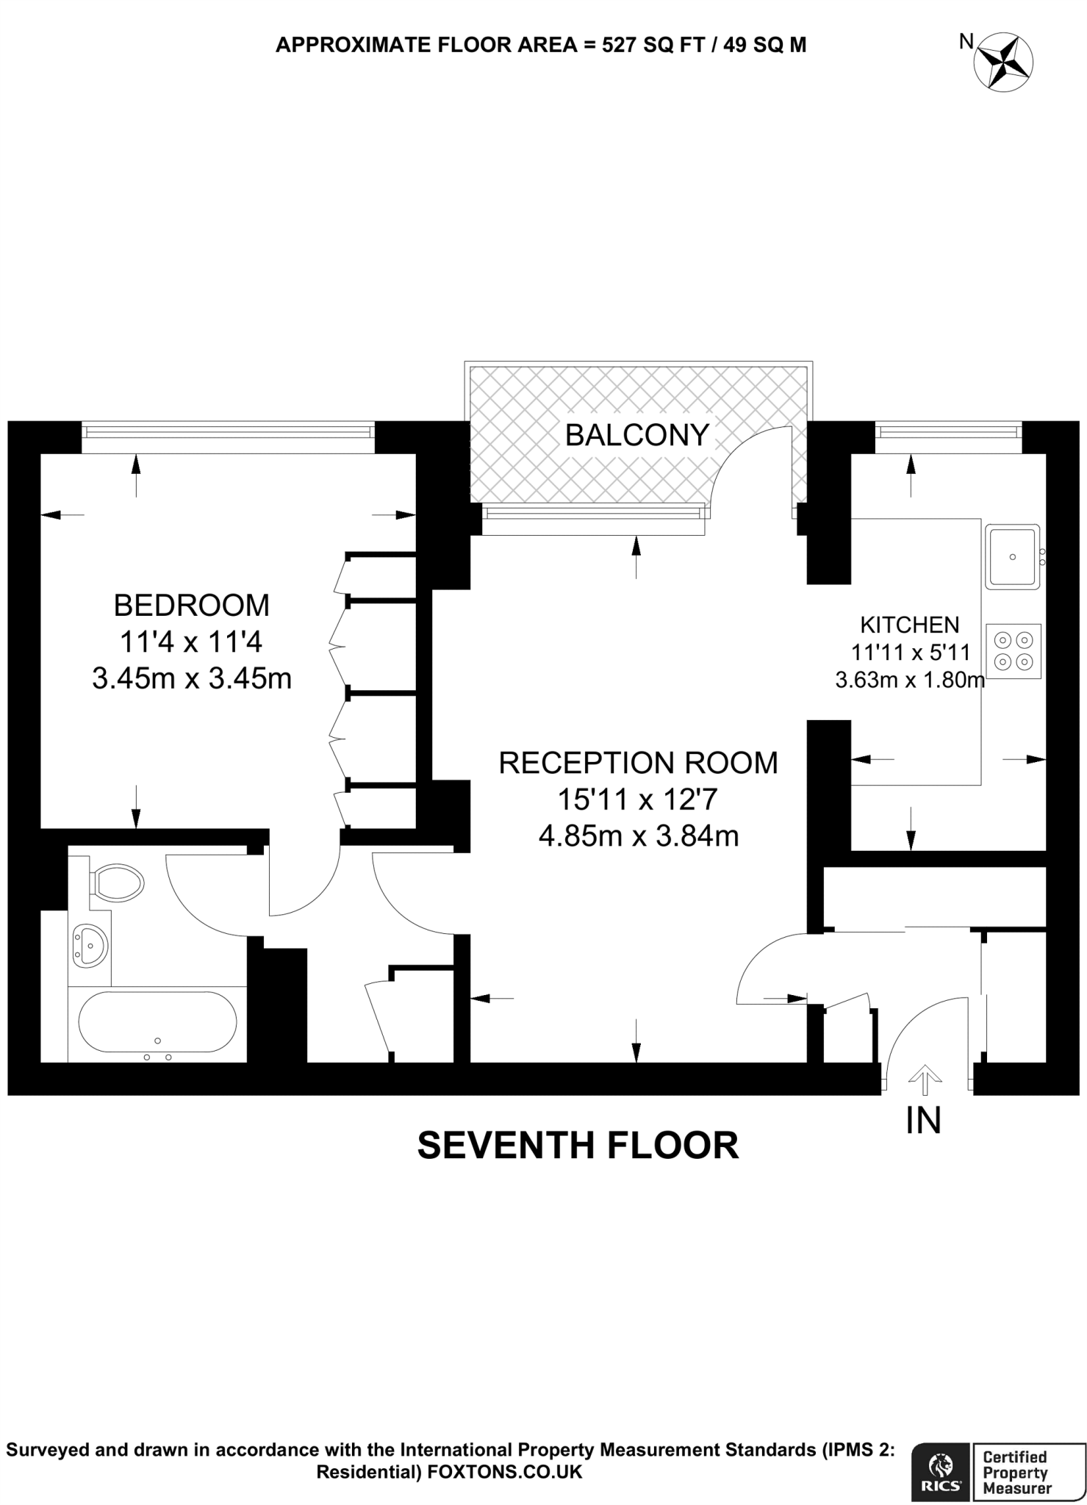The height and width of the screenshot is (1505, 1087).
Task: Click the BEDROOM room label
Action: [x=191, y=606]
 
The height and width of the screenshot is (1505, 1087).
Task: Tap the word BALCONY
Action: [x=636, y=436]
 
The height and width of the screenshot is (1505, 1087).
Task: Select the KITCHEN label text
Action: [x=909, y=625]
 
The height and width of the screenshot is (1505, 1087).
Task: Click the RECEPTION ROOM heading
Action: [x=638, y=763]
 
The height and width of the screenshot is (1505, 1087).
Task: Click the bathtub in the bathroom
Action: [x=157, y=1022]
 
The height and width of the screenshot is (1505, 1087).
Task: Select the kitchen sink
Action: [x=1012, y=557]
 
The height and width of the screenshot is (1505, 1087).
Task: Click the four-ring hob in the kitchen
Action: [x=1014, y=651]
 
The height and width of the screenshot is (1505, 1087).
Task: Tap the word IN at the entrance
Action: [x=924, y=1120]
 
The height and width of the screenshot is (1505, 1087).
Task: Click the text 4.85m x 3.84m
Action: [x=638, y=836]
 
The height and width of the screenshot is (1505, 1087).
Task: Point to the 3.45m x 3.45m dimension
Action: [x=191, y=678]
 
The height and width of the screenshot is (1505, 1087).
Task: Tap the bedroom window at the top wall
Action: [x=227, y=433]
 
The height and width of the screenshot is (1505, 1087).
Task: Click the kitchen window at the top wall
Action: [x=947, y=433]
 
